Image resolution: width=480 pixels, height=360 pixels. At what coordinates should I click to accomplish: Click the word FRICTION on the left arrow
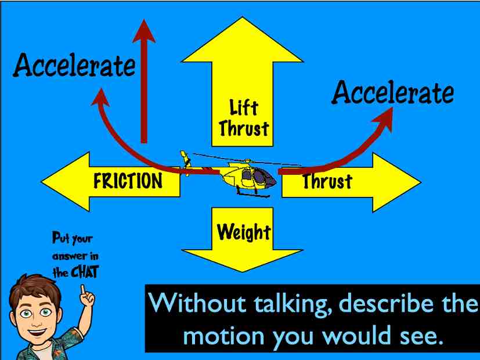[128, 182]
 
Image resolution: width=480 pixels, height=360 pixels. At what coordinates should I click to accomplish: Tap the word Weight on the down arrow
[244, 232]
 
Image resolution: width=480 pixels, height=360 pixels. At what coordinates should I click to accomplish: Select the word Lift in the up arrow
[243, 107]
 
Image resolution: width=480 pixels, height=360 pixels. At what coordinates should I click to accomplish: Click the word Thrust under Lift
[244, 128]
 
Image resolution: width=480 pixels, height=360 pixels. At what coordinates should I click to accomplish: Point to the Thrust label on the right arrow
[327, 182]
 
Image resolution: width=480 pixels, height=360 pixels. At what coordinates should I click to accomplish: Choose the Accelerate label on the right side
[392, 93]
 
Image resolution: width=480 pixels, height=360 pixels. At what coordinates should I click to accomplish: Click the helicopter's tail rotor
[186, 163]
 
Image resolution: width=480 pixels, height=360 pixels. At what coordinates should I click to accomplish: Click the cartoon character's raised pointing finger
[85, 289]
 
